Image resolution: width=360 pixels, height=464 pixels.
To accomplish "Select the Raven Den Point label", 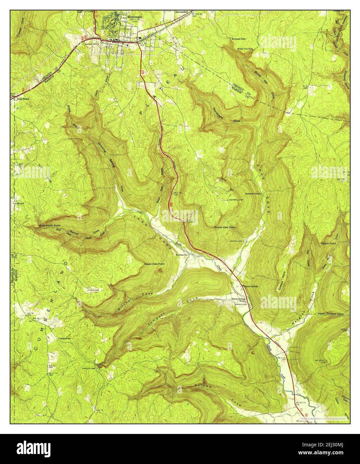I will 154,264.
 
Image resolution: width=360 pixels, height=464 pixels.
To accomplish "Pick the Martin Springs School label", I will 239,300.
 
